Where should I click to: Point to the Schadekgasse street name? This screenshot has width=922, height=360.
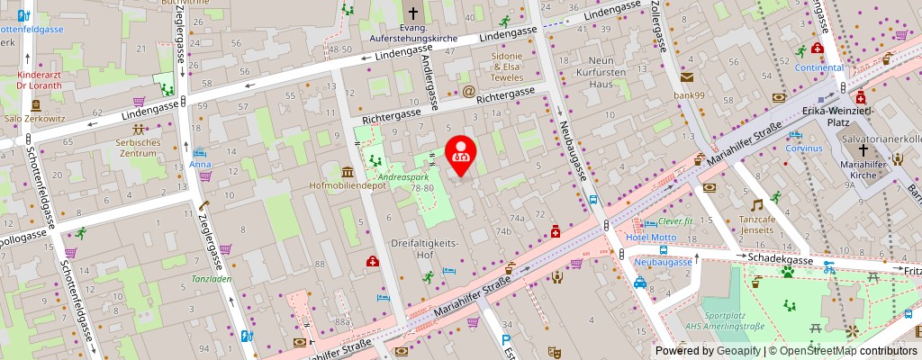[782, 259]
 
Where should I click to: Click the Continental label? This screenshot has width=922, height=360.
[818, 67]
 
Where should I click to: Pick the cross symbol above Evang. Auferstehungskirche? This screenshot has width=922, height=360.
[412, 13]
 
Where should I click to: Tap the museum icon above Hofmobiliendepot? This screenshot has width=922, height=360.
[348, 171]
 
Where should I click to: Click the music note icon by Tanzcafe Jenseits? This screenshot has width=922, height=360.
[756, 205]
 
